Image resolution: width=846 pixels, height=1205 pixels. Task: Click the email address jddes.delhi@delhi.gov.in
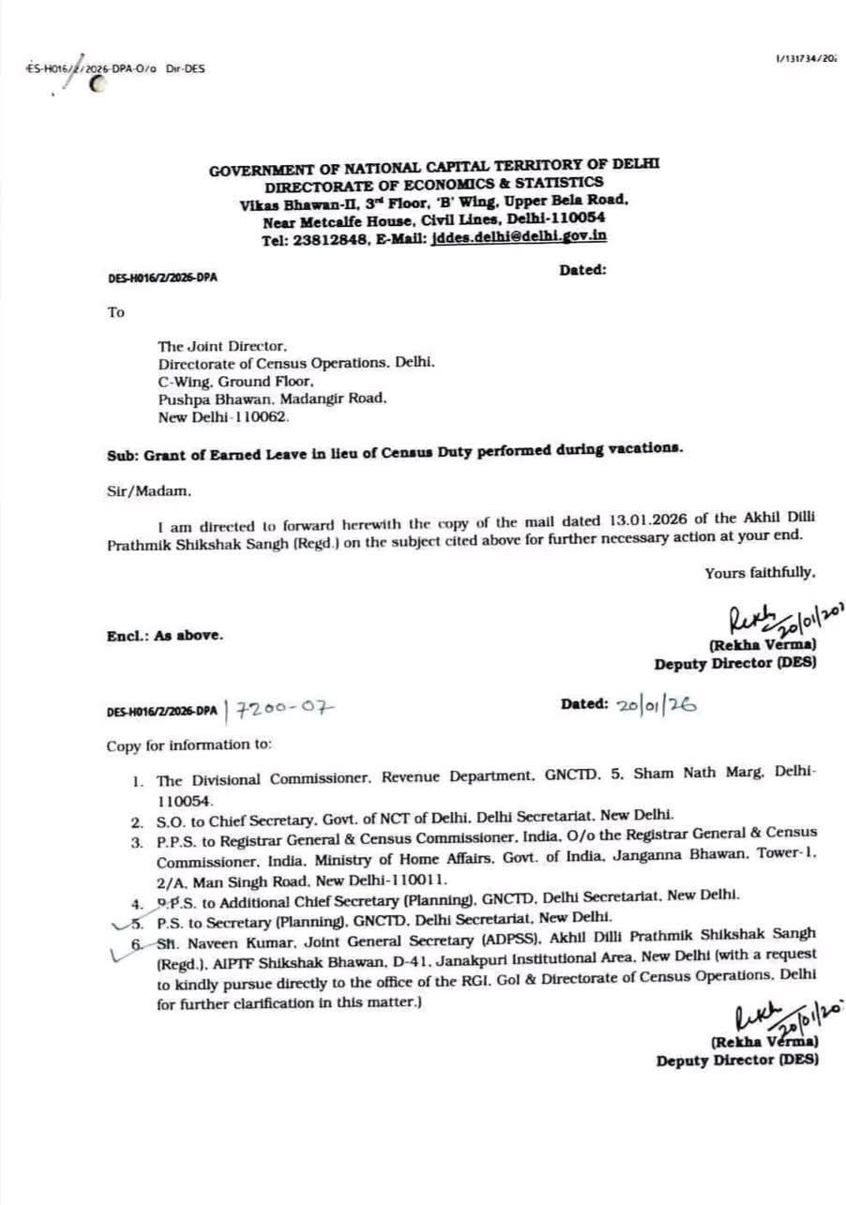coord(519,237)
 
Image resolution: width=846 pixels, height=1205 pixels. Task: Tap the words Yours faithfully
coord(761,572)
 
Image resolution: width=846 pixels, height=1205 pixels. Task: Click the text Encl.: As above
coord(164,635)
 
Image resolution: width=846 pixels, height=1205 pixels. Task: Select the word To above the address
coord(115,312)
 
